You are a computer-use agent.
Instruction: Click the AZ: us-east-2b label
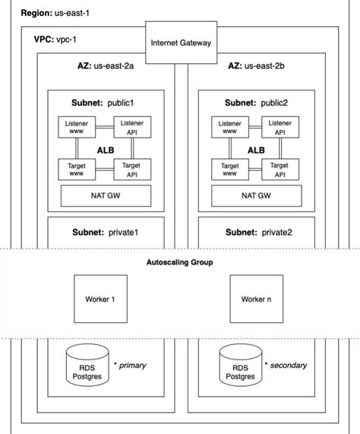coord(256,67)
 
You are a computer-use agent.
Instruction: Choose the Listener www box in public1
coord(77,127)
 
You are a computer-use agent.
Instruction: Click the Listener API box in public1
coord(132,127)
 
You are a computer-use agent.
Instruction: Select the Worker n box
coord(255,299)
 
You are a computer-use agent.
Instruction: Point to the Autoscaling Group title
coord(180,262)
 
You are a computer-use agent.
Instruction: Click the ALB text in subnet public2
coord(256,150)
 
